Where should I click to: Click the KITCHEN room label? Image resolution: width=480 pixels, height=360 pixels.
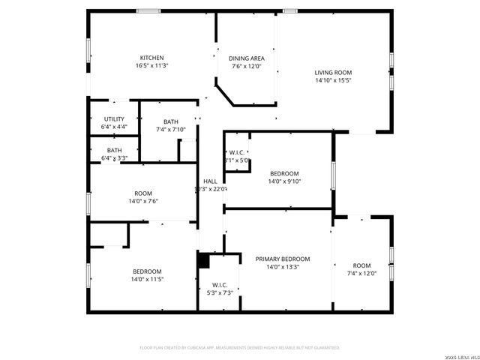tap(151, 58)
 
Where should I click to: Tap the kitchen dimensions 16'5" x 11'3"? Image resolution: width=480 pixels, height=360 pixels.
tap(151, 66)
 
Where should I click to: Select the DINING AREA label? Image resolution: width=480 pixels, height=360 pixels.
tap(247, 58)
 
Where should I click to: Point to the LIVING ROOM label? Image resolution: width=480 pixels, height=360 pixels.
tap(333, 73)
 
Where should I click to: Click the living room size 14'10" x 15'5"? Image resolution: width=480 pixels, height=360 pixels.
tap(333, 80)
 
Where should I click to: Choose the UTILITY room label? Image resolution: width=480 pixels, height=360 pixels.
tap(114, 119)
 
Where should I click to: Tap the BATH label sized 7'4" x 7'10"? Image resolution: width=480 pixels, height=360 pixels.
tap(171, 122)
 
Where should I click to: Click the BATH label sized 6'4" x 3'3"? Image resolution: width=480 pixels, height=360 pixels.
tap(114, 151)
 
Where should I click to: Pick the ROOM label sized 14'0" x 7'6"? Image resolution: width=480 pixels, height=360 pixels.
tap(142, 193)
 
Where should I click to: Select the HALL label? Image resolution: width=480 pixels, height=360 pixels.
tap(211, 181)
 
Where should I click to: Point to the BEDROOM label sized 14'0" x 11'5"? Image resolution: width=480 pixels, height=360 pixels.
tap(148, 271)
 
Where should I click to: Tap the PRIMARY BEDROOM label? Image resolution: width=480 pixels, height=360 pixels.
tap(283, 259)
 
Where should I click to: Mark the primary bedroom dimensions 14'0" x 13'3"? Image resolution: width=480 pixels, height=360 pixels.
tap(283, 267)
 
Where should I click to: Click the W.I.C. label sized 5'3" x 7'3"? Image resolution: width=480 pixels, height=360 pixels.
tap(220, 285)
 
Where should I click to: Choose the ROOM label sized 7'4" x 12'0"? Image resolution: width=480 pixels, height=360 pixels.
tap(362, 265)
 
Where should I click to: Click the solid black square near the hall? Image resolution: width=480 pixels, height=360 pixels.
tap(202, 259)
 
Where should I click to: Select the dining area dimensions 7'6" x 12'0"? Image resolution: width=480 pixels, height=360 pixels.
tap(247, 66)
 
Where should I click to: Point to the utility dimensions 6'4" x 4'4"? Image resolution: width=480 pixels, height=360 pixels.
tap(114, 127)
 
